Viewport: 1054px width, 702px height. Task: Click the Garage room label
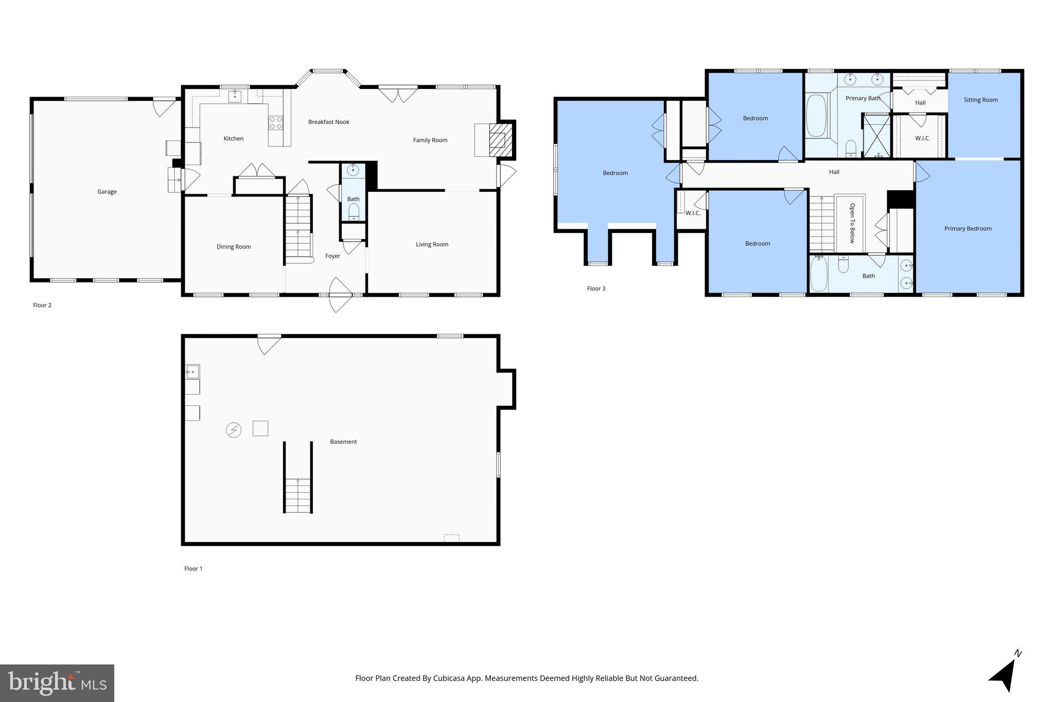[x=107, y=192]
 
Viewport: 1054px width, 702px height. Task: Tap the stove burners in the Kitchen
[x=276, y=122]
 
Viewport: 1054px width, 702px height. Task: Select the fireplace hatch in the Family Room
[x=498, y=140]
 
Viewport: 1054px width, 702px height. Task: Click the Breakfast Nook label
[x=328, y=122]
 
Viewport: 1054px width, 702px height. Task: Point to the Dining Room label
[x=234, y=247]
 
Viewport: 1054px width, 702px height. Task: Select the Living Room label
[x=432, y=244]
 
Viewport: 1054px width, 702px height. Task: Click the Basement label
[x=343, y=442]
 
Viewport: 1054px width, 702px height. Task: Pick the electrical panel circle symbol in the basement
[x=234, y=430]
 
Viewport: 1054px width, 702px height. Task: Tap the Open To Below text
[x=852, y=223]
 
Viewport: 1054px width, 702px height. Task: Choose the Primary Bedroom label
[x=968, y=229]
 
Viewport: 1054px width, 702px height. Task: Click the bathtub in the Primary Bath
[x=816, y=115]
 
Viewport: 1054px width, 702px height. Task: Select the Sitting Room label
[x=980, y=100]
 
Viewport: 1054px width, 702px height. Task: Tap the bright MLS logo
[x=57, y=683]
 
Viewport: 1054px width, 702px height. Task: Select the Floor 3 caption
[x=596, y=289]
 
